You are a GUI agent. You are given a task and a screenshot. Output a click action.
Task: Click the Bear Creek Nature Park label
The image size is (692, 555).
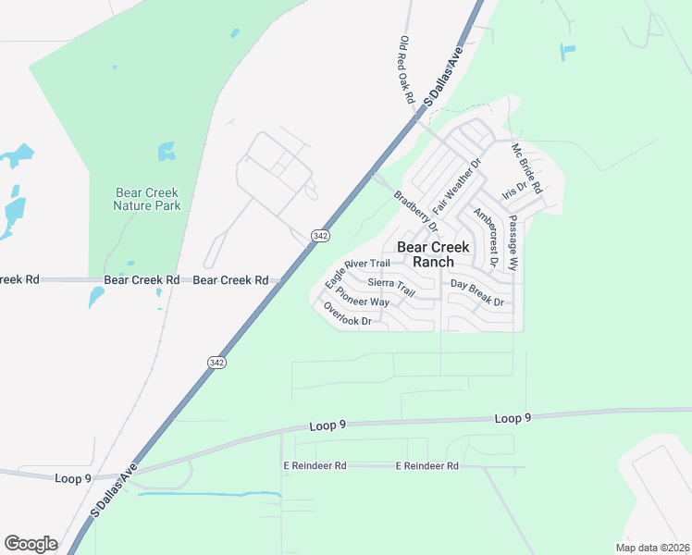tap(147, 199)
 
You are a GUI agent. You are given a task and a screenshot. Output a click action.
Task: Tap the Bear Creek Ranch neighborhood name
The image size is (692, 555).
tap(433, 254)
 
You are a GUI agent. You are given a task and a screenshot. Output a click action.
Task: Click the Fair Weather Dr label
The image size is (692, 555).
tap(458, 187)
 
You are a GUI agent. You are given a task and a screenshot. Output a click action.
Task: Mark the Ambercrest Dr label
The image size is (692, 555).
tap(486, 238)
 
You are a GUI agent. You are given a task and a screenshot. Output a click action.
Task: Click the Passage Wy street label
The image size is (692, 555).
tap(513, 243)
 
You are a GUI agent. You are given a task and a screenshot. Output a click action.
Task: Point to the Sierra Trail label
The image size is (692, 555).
tap(391, 287)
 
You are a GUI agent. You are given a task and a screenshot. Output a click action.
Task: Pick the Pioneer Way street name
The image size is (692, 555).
tap(363, 296)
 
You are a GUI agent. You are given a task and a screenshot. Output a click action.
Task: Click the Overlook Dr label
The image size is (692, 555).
tap(347, 315)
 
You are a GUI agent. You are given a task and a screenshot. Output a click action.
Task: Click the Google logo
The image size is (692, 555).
tap(31, 544)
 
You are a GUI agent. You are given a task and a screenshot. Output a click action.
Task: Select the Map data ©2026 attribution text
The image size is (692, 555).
tap(652, 547)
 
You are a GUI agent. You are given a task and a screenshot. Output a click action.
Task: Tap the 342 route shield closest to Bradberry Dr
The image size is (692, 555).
tap(320, 236)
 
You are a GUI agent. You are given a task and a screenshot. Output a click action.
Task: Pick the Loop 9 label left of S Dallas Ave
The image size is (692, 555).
tap(75, 478)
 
